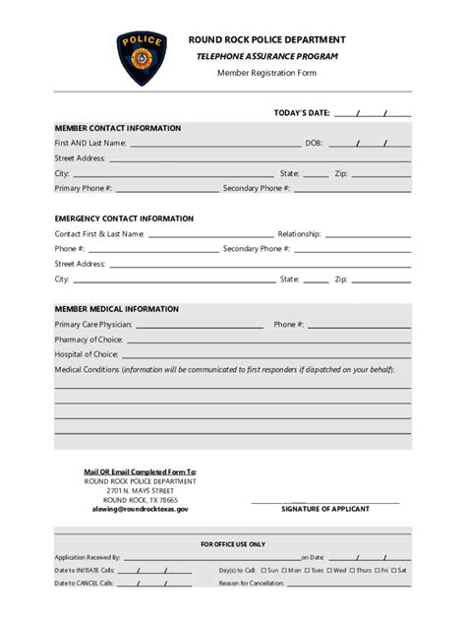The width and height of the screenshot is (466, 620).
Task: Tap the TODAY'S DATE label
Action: pos(302,113)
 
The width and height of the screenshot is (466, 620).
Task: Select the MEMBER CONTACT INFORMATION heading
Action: pos(118,128)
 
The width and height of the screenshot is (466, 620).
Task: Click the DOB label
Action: pos(314,144)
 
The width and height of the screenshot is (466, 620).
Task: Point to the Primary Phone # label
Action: pos(84,187)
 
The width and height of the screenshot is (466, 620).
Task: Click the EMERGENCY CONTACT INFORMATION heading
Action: pos(124,218)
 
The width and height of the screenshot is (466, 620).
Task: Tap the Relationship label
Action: pos(300,234)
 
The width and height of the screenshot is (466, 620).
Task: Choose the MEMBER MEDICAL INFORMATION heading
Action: pos(116,308)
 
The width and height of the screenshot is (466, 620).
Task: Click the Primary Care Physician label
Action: pos(93,324)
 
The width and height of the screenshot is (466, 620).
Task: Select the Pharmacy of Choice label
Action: pos(87,339)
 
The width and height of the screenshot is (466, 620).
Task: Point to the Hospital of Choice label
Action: pos(87,353)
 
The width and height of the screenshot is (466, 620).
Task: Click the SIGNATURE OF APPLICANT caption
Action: pos(324,509)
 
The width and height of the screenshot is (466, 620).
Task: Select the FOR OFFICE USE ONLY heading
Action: pos(233,543)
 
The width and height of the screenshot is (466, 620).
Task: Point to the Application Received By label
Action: pos(87,557)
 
